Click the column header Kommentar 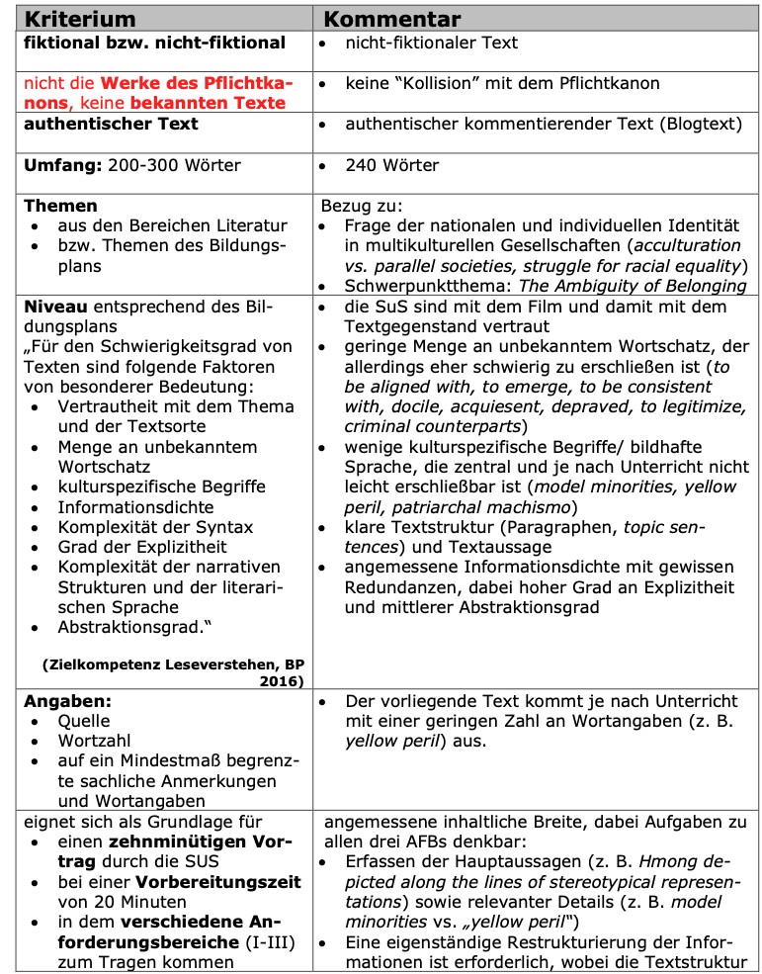tap(392, 19)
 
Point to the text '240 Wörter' tap(391, 165)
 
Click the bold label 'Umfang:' tap(61, 165)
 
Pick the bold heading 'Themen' tap(60, 206)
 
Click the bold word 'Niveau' tap(54, 306)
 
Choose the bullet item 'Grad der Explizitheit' tap(142, 547)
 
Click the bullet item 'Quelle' tap(84, 721)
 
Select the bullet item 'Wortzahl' tap(94, 741)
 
